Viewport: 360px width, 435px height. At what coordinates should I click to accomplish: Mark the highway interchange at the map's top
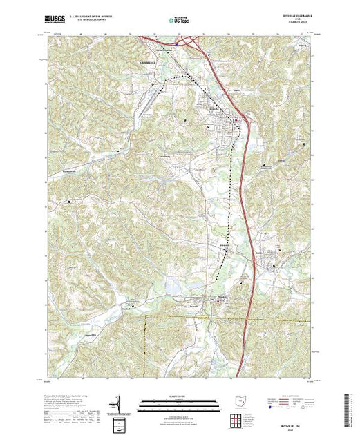[178, 43]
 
